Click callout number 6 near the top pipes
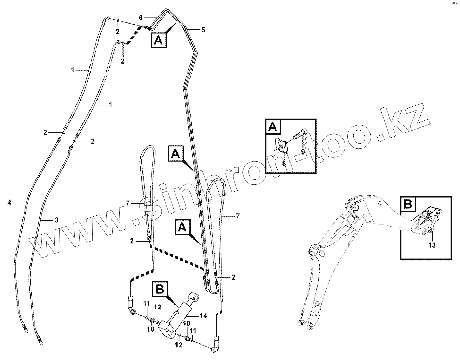[141, 17]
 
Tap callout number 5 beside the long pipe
[203, 30]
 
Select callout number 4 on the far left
[9, 202]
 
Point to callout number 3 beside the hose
[56, 220]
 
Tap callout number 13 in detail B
[432, 245]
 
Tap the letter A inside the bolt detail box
[273, 127]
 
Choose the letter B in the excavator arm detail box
[408, 204]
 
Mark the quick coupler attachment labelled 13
[427, 220]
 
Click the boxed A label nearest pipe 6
[159, 41]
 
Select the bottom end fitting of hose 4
[25, 329]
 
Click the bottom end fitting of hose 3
[39, 340]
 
